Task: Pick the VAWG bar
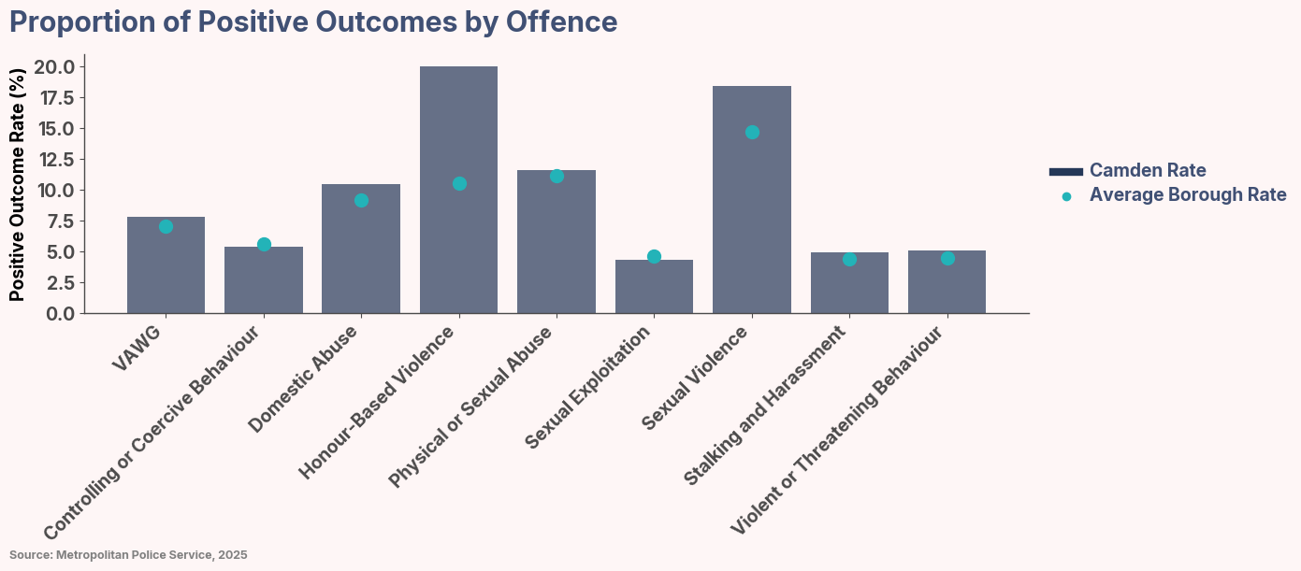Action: point(166,265)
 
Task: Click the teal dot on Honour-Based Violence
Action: point(459,183)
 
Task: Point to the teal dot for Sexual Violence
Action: point(752,132)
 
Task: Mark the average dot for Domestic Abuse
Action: point(361,200)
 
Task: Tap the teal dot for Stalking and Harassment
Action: point(849,259)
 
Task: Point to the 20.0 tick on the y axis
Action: point(54,66)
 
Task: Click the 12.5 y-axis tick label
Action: point(54,160)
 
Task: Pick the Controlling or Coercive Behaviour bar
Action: point(264,280)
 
